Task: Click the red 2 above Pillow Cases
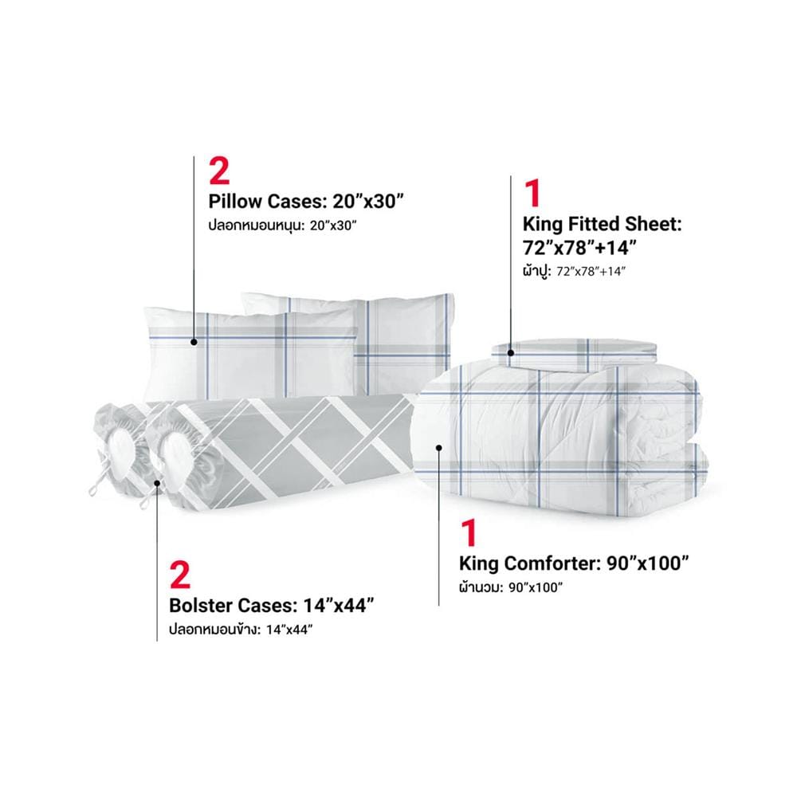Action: point(220,171)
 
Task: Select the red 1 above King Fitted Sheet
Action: point(532,193)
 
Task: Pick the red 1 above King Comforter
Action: point(469,532)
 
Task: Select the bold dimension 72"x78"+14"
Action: point(579,248)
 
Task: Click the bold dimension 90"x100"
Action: point(648,563)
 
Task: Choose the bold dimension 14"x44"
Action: point(339,606)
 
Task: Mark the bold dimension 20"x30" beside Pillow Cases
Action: point(367,202)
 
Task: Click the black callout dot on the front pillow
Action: point(194,342)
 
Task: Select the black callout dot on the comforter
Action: point(438,447)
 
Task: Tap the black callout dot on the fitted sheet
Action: point(511,353)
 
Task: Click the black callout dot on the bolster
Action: point(157,484)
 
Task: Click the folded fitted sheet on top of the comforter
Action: point(575,355)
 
